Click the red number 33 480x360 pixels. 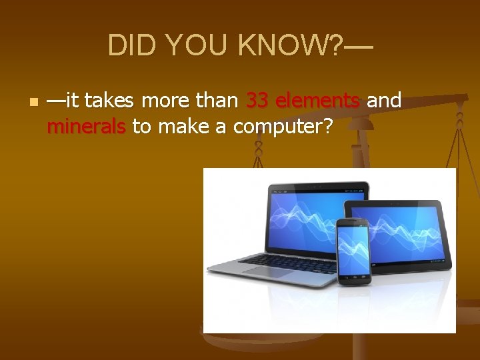(257, 101)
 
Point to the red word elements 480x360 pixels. (318, 101)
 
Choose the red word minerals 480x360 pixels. (86, 126)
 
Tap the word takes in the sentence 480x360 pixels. (109, 101)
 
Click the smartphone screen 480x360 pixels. (353, 247)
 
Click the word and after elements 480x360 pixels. (384, 101)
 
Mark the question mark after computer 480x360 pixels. (327, 126)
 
